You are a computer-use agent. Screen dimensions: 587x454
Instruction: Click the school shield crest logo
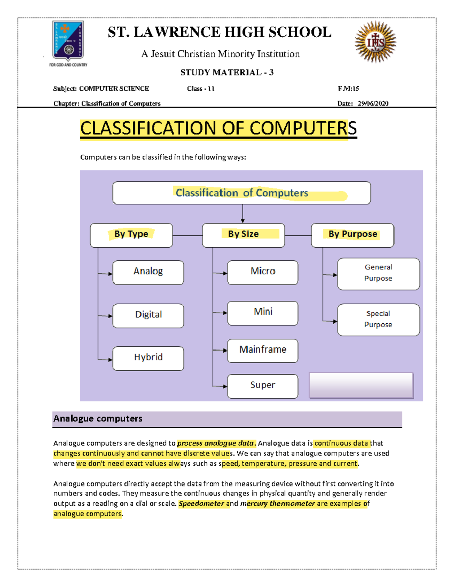[68, 40]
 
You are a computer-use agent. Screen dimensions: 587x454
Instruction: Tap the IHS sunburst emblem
[375, 42]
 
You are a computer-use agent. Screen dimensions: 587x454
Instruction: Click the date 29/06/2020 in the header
[373, 103]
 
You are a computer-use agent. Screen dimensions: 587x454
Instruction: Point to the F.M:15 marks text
[348, 88]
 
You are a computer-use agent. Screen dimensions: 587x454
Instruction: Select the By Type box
[131, 235]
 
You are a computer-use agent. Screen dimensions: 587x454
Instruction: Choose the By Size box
[243, 235]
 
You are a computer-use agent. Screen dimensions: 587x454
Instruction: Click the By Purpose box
[352, 235]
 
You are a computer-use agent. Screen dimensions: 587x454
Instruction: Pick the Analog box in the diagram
[148, 272]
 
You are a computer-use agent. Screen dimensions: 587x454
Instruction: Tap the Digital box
[148, 315]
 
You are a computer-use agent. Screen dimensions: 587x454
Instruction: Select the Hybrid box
[148, 358]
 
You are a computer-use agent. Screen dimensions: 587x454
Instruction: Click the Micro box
[263, 272]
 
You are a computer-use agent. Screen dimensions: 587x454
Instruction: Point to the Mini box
[263, 313]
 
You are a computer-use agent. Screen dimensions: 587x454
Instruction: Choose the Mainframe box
[263, 350]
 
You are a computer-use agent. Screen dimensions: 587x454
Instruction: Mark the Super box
[263, 386]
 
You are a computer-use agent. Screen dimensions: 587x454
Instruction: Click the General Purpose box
[378, 274]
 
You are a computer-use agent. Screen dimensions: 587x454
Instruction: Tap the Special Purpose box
[378, 319]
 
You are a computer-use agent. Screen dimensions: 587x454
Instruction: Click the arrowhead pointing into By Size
[243, 221]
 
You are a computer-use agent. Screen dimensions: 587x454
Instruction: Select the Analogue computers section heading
[98, 418]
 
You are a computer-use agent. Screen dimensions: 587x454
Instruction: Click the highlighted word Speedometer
[202, 503]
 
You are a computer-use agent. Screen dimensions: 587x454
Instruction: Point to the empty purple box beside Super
[361, 386]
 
